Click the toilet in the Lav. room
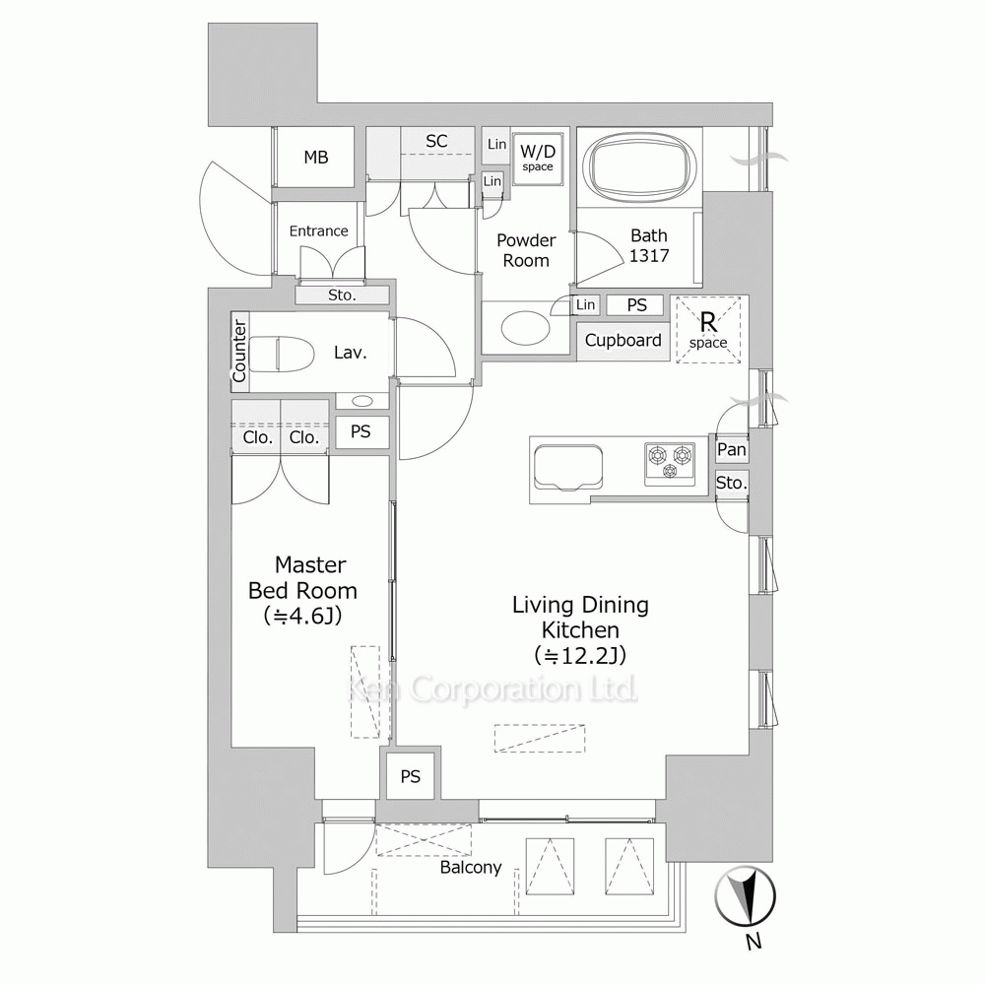(x=282, y=354)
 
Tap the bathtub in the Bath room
(x=639, y=165)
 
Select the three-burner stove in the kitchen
(x=670, y=464)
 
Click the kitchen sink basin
(x=567, y=468)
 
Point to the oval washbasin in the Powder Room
(x=525, y=327)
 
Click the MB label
(x=316, y=157)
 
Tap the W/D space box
(x=538, y=160)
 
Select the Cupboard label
(x=623, y=341)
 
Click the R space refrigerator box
(x=708, y=330)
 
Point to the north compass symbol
(x=746, y=896)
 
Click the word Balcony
(x=471, y=868)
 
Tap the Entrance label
(x=318, y=231)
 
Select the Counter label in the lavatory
(x=239, y=352)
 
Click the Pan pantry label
(x=732, y=449)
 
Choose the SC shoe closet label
(x=436, y=141)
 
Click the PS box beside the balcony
(x=411, y=776)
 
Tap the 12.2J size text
(x=580, y=655)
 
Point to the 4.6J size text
(x=303, y=617)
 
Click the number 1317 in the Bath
(x=649, y=256)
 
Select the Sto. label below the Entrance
(x=342, y=295)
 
